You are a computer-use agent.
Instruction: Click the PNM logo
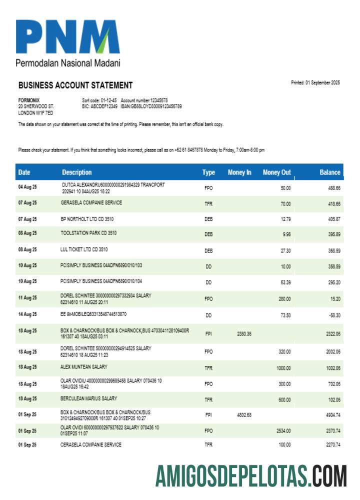pyautogui.click(x=67, y=37)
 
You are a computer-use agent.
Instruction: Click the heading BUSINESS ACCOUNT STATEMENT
pyautogui.click(x=75, y=85)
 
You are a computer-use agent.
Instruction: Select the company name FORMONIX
pyautogui.click(x=28, y=100)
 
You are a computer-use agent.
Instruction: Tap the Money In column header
pyautogui.click(x=239, y=172)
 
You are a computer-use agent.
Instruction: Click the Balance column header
pyautogui.click(x=330, y=172)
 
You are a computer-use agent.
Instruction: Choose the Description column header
pyautogui.click(x=77, y=172)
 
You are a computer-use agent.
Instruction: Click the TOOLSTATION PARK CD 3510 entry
pyautogui.click(x=88, y=233)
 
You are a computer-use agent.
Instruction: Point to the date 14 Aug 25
pyautogui.click(x=27, y=315)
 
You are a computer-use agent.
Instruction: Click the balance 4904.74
pyautogui.click(x=331, y=415)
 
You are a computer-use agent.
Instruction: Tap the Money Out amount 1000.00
pyautogui.click(x=283, y=368)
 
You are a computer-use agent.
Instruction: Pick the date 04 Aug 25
pyautogui.click(x=27, y=187)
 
